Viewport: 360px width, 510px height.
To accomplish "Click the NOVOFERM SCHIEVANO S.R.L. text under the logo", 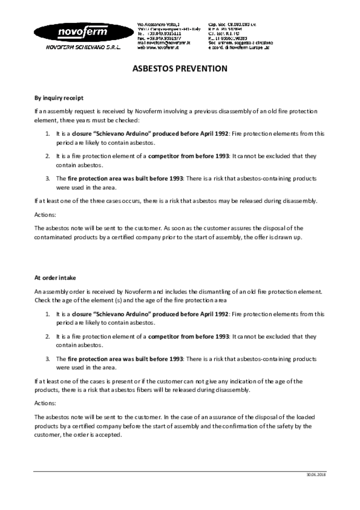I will [x=83, y=47].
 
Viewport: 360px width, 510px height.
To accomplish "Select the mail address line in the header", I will [x=164, y=42].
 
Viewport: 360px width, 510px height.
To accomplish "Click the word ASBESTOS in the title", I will [x=150, y=69].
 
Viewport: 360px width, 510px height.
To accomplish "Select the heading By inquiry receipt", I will [x=59, y=98].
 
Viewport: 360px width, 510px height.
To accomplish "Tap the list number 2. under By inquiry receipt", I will [x=47, y=156].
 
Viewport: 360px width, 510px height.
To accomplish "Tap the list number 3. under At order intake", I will [x=47, y=359].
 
